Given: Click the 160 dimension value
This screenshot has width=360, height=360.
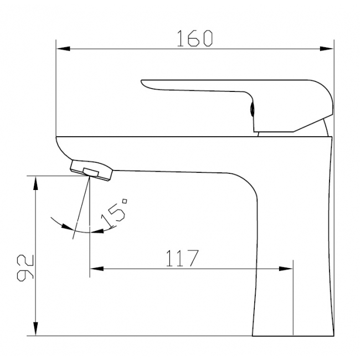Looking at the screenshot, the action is point(195,38).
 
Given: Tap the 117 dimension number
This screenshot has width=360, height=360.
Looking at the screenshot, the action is point(182,258).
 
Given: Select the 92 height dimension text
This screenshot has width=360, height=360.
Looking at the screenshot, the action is point(25,268).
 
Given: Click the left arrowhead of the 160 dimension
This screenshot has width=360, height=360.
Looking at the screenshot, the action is point(63,49).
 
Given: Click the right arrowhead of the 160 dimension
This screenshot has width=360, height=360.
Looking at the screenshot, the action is point(327,49).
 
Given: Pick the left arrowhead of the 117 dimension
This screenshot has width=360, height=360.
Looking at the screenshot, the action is point(97,269).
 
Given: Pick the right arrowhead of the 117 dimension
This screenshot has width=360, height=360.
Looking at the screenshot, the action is point(286,269).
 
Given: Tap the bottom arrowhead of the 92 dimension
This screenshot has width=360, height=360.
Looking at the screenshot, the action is point(35,329).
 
